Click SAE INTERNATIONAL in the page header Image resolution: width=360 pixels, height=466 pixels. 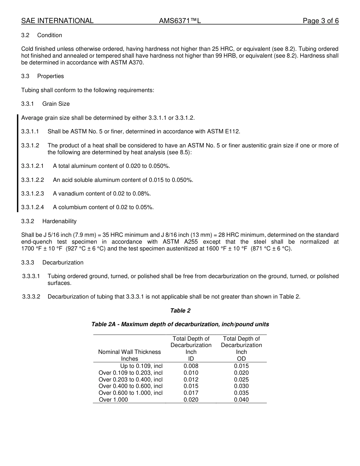[57, 21]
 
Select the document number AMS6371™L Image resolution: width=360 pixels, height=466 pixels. [180, 21]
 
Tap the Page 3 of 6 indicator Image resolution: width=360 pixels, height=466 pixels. [321, 21]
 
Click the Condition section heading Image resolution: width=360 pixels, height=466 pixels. [50, 35]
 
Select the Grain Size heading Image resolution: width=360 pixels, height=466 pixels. [56, 104]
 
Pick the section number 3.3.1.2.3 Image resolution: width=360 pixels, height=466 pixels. [33, 194]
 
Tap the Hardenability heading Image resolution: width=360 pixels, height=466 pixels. [59, 221]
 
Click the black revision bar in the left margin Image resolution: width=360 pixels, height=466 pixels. [17, 163]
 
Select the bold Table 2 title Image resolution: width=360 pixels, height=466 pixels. [180, 311]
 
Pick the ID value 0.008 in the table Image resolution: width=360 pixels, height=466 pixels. [191, 366]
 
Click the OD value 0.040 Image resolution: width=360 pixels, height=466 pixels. [241, 400]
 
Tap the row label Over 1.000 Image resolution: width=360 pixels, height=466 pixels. [113, 400]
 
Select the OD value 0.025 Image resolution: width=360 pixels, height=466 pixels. [241, 380]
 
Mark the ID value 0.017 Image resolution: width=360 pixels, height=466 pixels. [191, 393]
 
